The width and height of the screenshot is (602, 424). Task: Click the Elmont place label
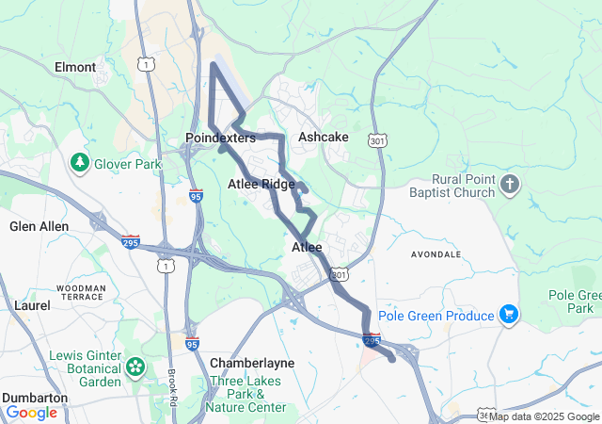coord(75,67)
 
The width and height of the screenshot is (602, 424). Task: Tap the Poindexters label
coord(220,138)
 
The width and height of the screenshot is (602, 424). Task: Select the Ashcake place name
coord(323,137)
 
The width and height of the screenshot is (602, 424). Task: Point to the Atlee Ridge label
coord(261,184)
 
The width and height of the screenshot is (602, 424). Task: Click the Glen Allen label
coord(37,226)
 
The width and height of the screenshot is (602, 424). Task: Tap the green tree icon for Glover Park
coord(80,163)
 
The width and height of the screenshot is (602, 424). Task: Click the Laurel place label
coord(32,305)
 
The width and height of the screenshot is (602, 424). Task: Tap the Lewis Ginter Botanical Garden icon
coord(136,366)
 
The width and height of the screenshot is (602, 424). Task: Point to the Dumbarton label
coord(34,398)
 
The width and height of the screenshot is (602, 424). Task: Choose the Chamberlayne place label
coord(252,363)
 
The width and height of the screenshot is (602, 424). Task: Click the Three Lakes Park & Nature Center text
coord(247,394)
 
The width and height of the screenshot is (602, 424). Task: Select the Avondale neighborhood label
coord(436,254)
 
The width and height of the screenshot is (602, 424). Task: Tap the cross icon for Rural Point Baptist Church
coord(510,184)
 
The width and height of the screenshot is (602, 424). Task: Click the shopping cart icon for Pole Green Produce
coord(509,314)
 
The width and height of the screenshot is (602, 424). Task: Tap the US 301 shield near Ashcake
coord(378,140)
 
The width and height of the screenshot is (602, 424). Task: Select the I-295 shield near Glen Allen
coord(131,242)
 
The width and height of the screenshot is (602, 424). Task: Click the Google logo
coord(31,412)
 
